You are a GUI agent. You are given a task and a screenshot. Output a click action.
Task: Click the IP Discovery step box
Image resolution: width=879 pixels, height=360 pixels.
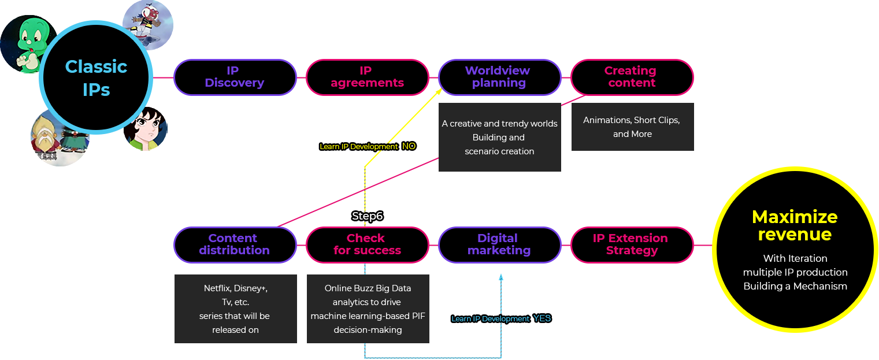pos(235,77)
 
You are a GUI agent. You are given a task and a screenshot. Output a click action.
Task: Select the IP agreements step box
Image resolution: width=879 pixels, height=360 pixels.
pos(367,77)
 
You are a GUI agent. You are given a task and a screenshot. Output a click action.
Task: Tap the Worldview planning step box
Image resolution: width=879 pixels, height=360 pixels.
pos(499,77)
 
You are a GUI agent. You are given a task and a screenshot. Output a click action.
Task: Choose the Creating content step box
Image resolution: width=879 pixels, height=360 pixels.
pos(632,77)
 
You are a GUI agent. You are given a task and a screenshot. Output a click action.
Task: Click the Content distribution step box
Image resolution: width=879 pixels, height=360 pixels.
pos(235,244)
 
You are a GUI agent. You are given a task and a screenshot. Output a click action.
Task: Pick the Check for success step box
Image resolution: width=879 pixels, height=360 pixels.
pos(367,244)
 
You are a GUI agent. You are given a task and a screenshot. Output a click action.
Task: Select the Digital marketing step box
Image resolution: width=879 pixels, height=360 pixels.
pos(499,244)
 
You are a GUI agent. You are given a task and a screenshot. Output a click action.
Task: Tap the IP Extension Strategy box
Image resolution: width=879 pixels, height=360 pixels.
pos(632,244)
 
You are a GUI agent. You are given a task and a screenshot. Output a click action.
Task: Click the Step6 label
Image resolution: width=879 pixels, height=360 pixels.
pos(368,216)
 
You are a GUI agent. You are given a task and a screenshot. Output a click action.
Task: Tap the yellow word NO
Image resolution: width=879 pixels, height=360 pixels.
pos(409,146)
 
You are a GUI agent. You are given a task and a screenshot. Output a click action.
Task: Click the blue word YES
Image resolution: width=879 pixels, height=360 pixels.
pos(542,318)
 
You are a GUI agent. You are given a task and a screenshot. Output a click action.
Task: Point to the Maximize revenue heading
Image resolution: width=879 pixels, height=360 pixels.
pos(795,225)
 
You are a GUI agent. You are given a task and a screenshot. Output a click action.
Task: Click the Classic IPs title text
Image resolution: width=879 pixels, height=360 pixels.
pos(96,78)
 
